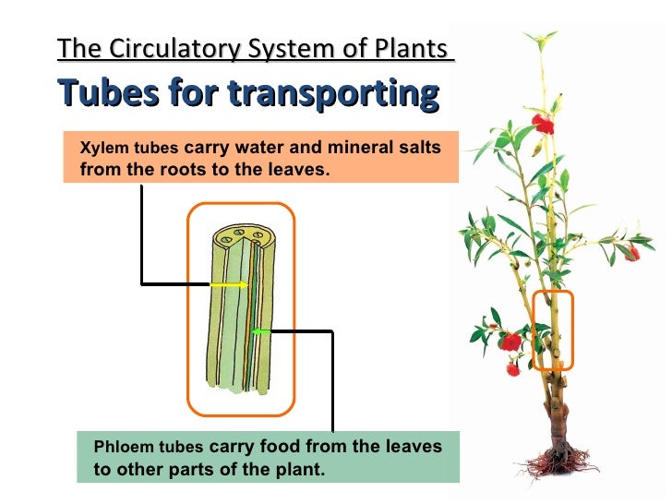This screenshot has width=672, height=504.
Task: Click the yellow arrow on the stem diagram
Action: point(229,285)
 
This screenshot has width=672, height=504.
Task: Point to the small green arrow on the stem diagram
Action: point(261,330)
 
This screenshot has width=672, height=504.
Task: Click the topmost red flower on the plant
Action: point(543,124)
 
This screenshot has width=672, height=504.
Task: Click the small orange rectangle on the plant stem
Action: point(554,330)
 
